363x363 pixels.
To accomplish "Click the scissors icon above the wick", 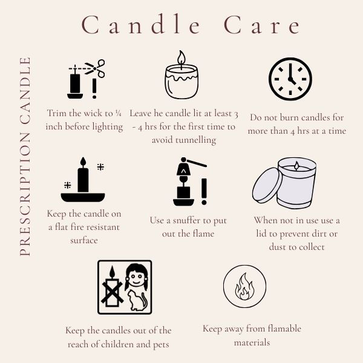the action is [96, 68].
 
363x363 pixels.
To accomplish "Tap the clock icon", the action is [290, 79].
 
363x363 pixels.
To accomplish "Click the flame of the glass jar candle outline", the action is [181, 57].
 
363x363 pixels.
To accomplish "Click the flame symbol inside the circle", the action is [244, 286].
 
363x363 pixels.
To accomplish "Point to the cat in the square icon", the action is [138, 300].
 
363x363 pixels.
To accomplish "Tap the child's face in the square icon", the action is [136, 277].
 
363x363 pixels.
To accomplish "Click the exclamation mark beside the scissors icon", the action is [94, 88].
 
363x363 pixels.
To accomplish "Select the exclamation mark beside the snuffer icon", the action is [204, 192].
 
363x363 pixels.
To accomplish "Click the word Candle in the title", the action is [141, 25].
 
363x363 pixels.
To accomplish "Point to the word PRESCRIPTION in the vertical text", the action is [25, 194].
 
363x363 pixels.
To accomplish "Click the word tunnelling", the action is [184, 140].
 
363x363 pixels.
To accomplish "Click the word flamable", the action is [284, 329].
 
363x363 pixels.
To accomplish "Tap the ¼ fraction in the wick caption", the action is [118, 113].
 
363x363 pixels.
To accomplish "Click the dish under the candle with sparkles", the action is [83, 197].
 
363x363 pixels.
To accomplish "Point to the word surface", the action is [84, 241].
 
